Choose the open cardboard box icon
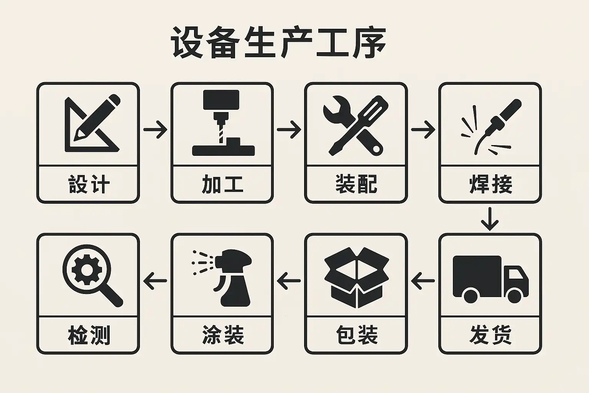click(x=357, y=277)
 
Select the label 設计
click(x=89, y=185)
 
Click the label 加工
click(x=222, y=185)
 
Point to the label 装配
click(x=356, y=185)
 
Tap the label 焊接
click(x=490, y=185)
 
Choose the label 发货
click(x=490, y=335)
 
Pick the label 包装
click(x=357, y=335)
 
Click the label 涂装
click(x=223, y=335)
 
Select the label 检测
click(x=89, y=335)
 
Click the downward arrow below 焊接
click(x=490, y=219)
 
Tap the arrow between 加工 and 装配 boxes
click(x=289, y=129)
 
